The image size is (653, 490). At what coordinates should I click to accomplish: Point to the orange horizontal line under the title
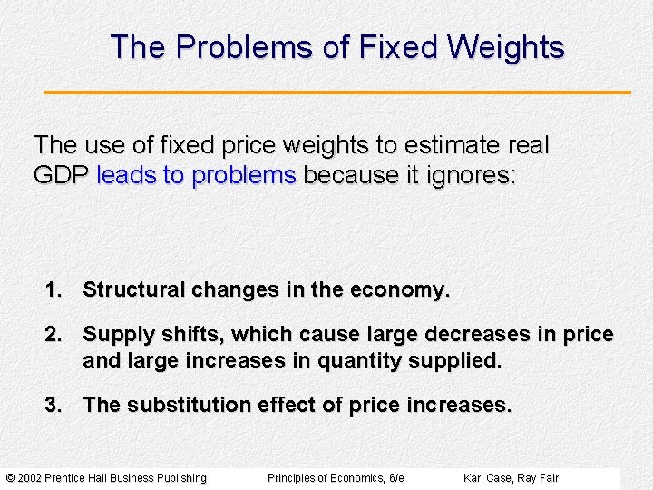click(x=337, y=92)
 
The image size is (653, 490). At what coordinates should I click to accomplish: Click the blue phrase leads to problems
click(x=196, y=175)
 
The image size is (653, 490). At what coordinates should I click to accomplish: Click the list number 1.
click(x=54, y=290)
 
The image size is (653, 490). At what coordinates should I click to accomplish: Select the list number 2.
click(x=54, y=335)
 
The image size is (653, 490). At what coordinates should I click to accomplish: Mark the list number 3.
click(x=54, y=405)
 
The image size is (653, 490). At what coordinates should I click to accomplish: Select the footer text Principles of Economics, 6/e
click(x=336, y=478)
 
